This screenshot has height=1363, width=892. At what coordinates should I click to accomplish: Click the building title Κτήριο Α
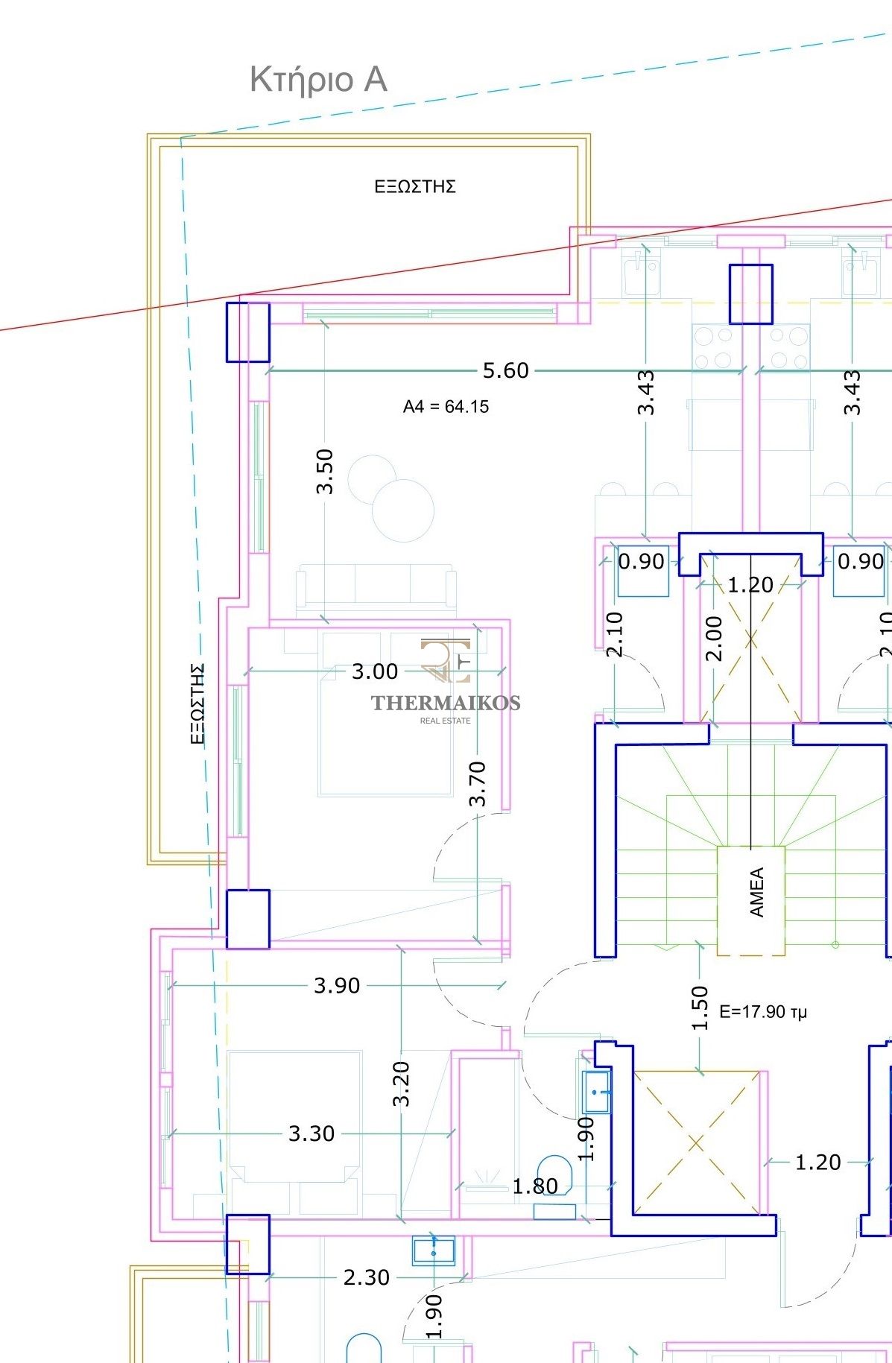[x=318, y=80]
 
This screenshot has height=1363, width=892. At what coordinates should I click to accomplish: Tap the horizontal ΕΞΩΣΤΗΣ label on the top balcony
[x=415, y=186]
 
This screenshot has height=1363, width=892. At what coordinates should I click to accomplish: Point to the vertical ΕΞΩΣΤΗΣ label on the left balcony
[x=197, y=704]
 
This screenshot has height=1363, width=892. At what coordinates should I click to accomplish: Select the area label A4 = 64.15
[x=446, y=407]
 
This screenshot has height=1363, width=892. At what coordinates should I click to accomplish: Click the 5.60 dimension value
[x=506, y=370]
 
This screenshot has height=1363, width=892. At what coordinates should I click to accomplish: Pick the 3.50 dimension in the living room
[x=325, y=471]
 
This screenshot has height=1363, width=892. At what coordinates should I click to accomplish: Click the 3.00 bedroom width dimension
[x=375, y=671]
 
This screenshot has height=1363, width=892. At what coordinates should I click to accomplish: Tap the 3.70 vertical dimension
[x=478, y=783]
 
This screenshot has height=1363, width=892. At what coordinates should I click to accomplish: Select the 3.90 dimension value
[x=337, y=985]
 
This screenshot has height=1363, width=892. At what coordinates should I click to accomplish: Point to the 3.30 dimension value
[x=311, y=1133]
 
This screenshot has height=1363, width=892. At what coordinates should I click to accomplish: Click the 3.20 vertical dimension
[x=401, y=1084]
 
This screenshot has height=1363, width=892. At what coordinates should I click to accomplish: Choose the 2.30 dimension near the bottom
[x=367, y=1277]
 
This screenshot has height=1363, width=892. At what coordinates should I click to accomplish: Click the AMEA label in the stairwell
[x=756, y=892]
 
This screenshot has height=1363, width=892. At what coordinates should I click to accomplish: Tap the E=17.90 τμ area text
[x=763, y=1011]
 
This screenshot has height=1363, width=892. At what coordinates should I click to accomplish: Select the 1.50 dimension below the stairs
[x=699, y=1008]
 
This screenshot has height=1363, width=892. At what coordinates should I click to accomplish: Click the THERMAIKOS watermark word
[x=446, y=702]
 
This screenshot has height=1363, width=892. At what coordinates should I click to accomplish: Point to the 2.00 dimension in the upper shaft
[x=713, y=639]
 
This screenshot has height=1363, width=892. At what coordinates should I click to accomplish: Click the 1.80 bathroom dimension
[x=535, y=1186]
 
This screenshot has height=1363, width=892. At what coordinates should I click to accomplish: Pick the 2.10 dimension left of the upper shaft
[x=614, y=634]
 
